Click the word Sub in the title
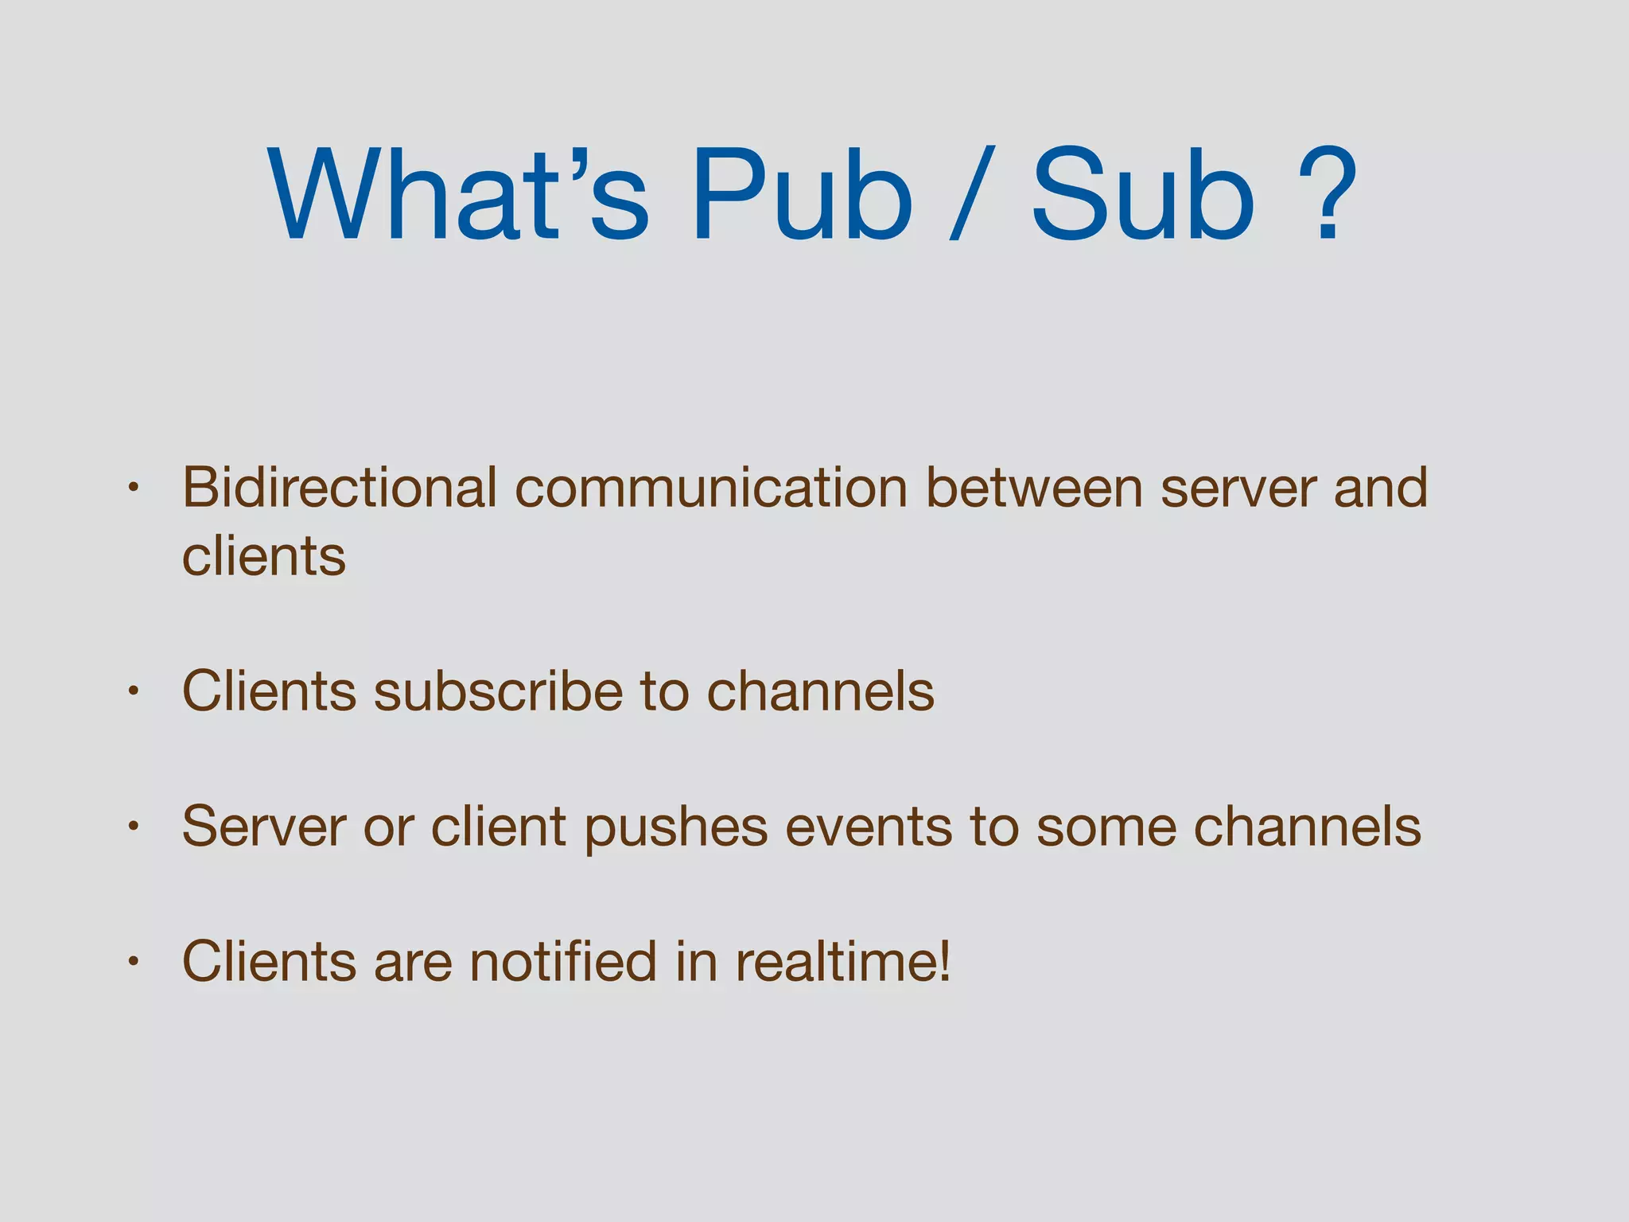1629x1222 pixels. [x=1142, y=195]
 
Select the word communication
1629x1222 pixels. [x=712, y=488]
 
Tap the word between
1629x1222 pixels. [x=1035, y=488]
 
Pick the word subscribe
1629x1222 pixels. [x=498, y=691]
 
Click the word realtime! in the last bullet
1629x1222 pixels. [x=843, y=962]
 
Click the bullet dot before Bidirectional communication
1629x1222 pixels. [x=134, y=487]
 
